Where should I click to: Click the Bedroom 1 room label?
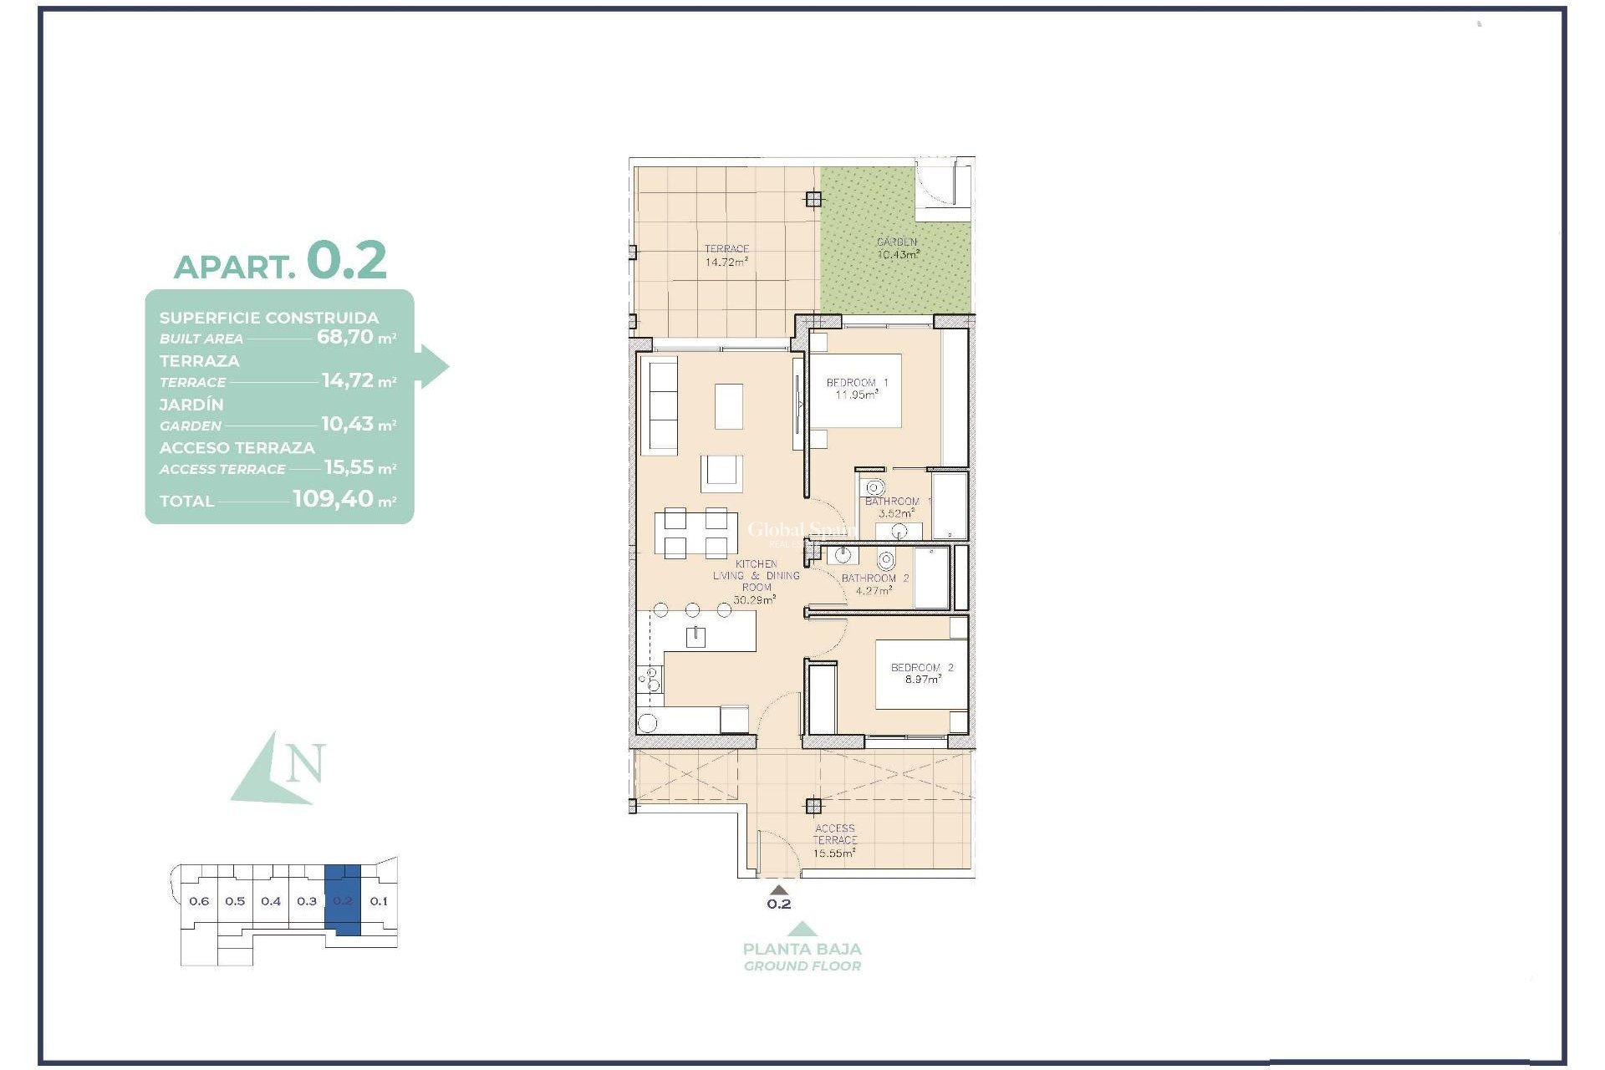click(x=857, y=383)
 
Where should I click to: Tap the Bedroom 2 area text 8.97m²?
click(x=922, y=680)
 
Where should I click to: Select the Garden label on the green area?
click(x=897, y=242)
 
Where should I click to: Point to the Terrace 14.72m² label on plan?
click(x=726, y=256)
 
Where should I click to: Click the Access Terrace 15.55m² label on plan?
click(x=834, y=841)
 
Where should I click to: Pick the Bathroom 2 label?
click(x=874, y=578)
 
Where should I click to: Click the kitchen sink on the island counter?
click(x=695, y=637)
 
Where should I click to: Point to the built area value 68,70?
click(x=344, y=338)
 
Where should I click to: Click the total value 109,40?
click(x=333, y=499)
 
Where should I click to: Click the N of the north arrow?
click(x=304, y=763)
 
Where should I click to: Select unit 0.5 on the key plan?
click(x=235, y=901)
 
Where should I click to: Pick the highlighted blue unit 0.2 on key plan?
click(x=343, y=901)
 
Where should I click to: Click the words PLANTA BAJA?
click(x=802, y=949)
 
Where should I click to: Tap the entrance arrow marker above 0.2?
click(x=778, y=889)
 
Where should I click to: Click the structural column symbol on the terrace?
click(x=813, y=199)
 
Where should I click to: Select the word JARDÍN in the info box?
click(x=191, y=405)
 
